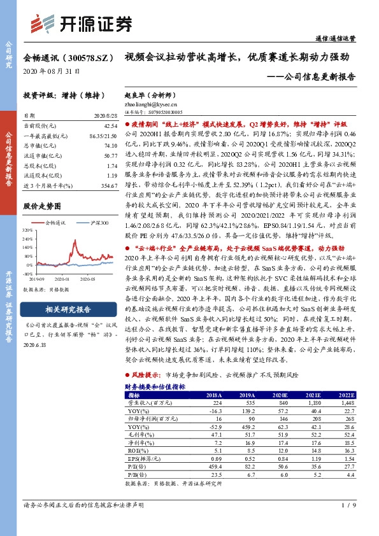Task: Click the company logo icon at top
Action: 48,24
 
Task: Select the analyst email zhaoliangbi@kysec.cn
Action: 151,102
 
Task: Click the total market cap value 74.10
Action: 110,146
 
